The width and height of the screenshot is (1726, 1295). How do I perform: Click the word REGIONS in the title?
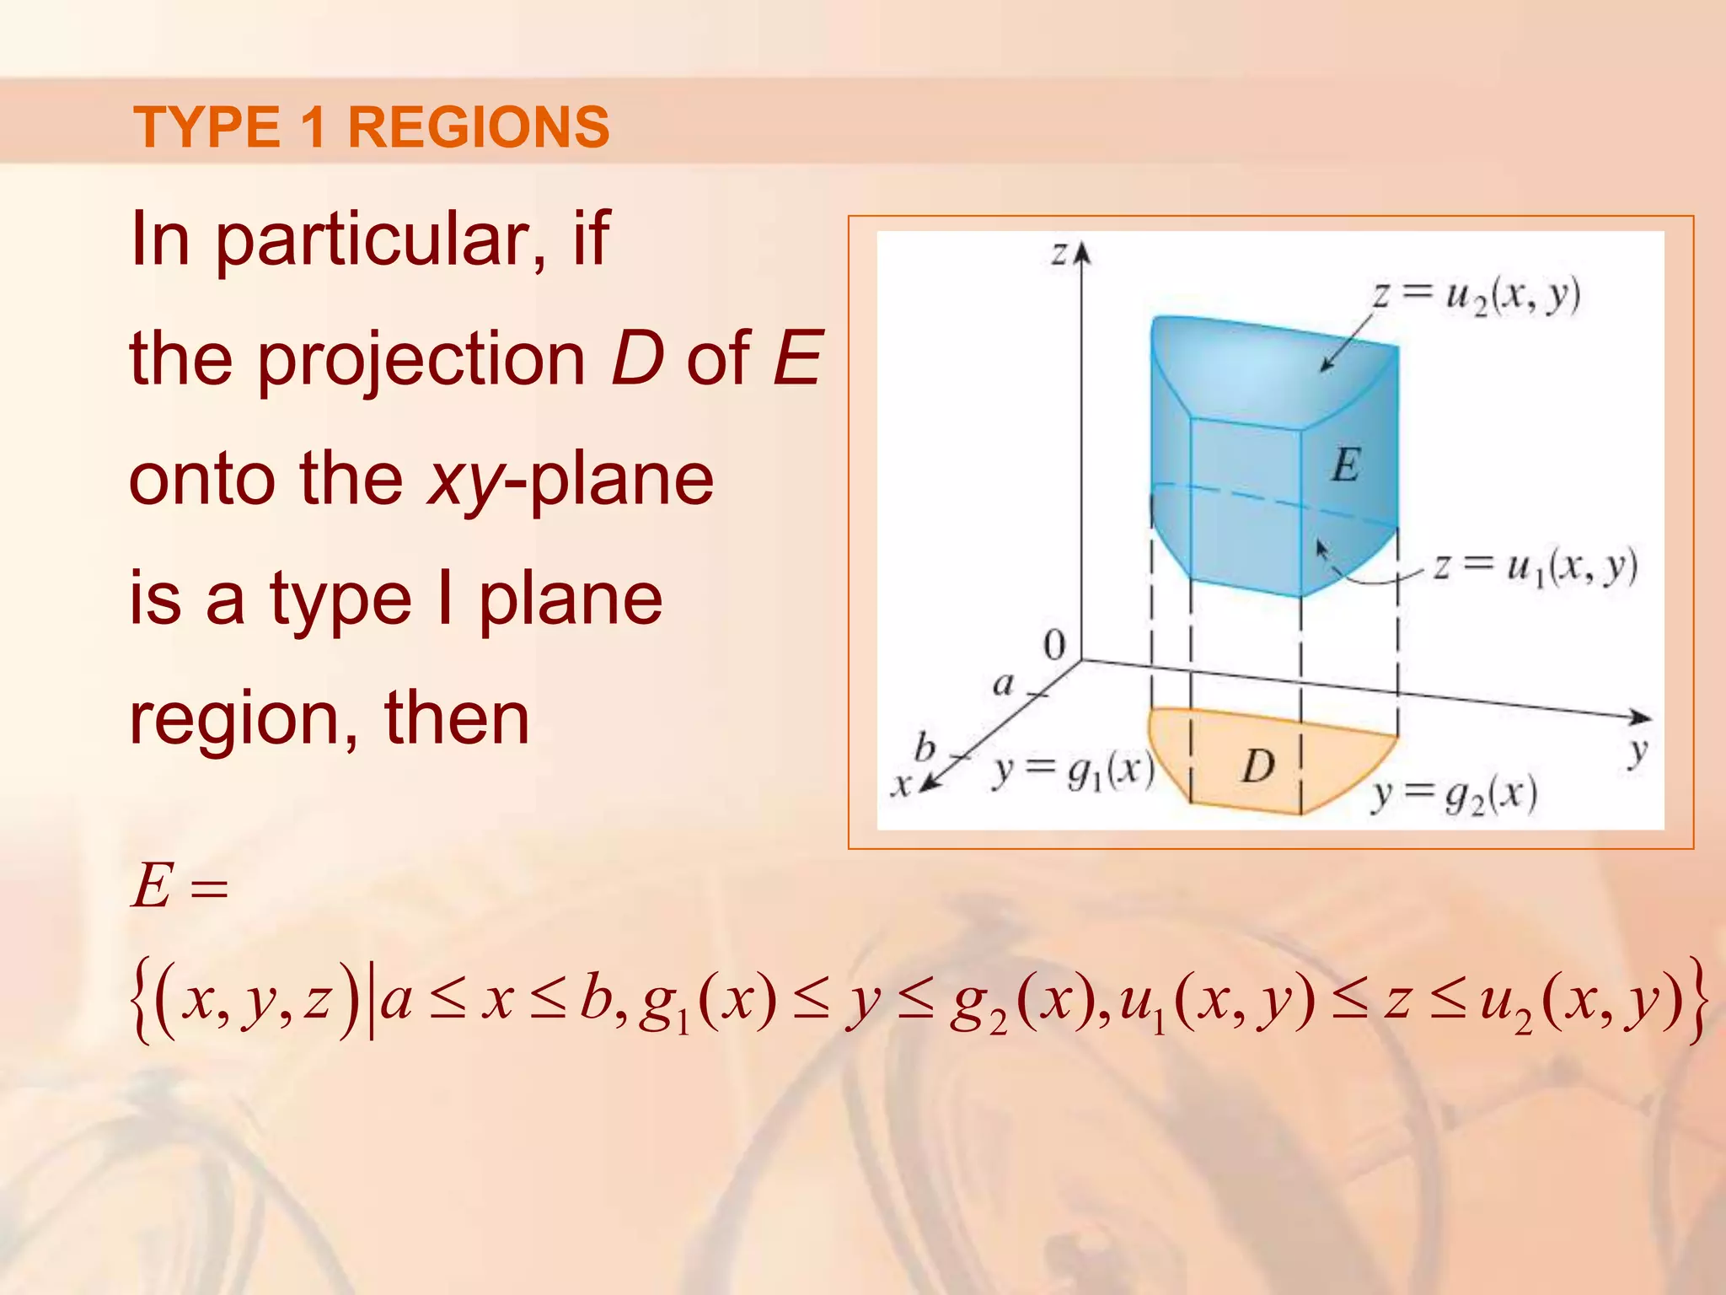click(478, 127)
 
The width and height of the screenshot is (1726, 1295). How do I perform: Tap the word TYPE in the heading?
click(206, 127)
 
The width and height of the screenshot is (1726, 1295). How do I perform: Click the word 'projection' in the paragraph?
click(421, 359)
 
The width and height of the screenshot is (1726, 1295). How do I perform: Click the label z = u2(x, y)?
click(1476, 296)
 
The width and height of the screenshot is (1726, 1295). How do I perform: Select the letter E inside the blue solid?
click(1346, 465)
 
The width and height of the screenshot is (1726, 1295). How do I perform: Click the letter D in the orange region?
click(1257, 766)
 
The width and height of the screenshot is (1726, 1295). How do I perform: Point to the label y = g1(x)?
click(1073, 771)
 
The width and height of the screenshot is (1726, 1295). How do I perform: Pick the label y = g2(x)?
click(1454, 795)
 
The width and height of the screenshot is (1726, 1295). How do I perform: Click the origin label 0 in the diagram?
click(1054, 645)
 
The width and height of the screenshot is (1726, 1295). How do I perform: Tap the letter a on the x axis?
click(1003, 683)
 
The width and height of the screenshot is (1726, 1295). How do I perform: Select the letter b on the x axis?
click(925, 747)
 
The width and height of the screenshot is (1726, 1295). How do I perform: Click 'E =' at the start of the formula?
click(180, 887)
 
